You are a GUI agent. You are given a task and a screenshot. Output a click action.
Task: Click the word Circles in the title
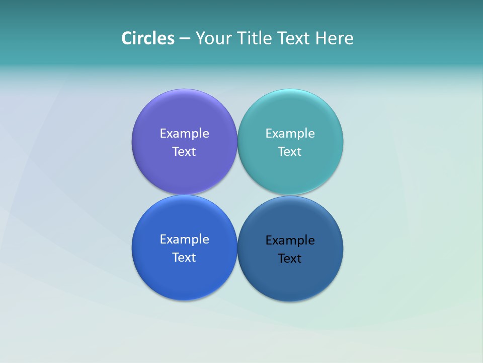(148, 38)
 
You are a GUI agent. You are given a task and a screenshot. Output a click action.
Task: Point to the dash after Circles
(185, 39)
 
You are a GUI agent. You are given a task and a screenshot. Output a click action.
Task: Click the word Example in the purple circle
(184, 133)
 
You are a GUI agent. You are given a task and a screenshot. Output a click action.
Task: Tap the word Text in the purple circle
(184, 151)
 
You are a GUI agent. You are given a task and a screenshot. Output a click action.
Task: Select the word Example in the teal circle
(290, 133)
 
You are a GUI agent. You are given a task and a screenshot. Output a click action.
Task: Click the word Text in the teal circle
(290, 151)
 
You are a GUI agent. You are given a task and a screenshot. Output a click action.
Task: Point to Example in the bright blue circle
(184, 239)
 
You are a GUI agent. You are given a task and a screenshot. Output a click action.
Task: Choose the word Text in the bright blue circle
(184, 257)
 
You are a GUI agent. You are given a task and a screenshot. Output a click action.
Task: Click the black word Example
(290, 240)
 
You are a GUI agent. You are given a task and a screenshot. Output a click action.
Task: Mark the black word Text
(290, 258)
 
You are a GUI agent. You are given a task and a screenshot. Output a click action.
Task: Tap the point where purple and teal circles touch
(237, 142)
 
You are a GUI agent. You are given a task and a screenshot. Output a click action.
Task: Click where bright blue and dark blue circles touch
(237, 248)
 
